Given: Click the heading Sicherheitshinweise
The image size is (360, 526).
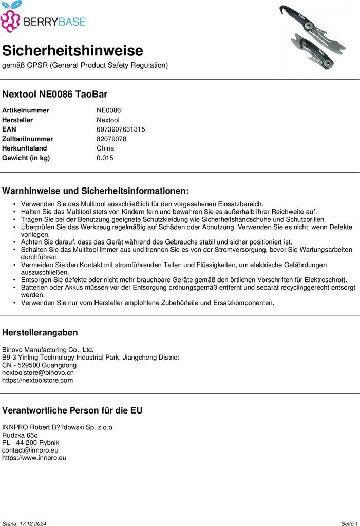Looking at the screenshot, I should tap(72, 51).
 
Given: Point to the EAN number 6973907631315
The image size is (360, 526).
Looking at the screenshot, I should tap(121, 129).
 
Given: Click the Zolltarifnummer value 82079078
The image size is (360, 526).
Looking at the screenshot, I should tap(111, 139).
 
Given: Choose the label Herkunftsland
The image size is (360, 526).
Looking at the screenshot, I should tap(25, 148).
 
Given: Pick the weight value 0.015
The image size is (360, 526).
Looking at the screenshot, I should tap(105, 158).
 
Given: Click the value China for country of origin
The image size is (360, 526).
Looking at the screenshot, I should tap(105, 148).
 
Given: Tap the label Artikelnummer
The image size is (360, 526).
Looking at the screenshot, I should tap(26, 110).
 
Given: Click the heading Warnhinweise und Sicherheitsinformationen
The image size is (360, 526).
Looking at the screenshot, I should tap(96, 191).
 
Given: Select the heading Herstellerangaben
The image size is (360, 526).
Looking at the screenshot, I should tap(40, 332).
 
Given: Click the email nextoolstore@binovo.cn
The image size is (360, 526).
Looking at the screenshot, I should tap(38, 372).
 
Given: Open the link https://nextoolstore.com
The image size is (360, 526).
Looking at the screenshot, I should tap(37, 381).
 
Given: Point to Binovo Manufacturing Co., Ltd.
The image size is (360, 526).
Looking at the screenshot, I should tap(48, 349).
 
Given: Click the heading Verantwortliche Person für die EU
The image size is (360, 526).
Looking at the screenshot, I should tap(72, 410).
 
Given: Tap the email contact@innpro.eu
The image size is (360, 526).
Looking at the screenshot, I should tap(30, 450).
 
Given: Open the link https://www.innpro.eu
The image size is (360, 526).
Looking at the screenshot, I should tap(34, 458).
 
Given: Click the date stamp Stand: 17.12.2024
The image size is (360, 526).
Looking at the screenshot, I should tap(24, 523).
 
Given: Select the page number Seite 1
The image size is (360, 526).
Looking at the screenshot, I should tap(349, 523).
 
